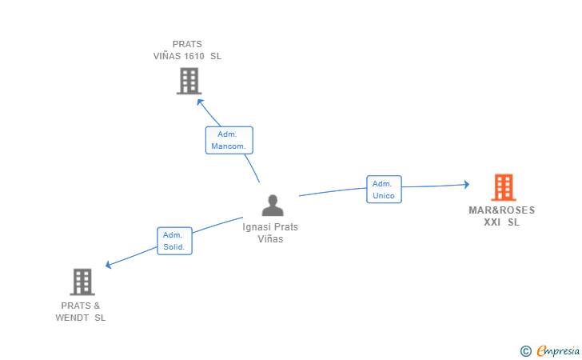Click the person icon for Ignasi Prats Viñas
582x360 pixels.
coord(273,206)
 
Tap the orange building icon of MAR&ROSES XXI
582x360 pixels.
coord(503,187)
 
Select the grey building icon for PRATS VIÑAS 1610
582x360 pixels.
coord(189,81)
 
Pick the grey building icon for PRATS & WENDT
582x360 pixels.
coord(82,282)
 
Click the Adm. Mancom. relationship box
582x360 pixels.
coord(229,140)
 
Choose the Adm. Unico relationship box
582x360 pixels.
coord(384,190)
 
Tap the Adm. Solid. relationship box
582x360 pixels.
coord(174,241)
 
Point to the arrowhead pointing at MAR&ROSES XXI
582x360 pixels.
coord(466,185)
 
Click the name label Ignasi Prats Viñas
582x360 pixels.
coord(270,233)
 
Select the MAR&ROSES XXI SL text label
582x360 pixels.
coord(502,216)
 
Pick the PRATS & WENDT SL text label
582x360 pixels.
coord(81,311)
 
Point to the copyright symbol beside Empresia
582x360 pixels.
coord(525,350)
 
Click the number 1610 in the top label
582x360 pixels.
coord(195,57)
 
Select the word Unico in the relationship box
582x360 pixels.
coord(384,195)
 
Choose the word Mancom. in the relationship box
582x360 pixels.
coord(229,146)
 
